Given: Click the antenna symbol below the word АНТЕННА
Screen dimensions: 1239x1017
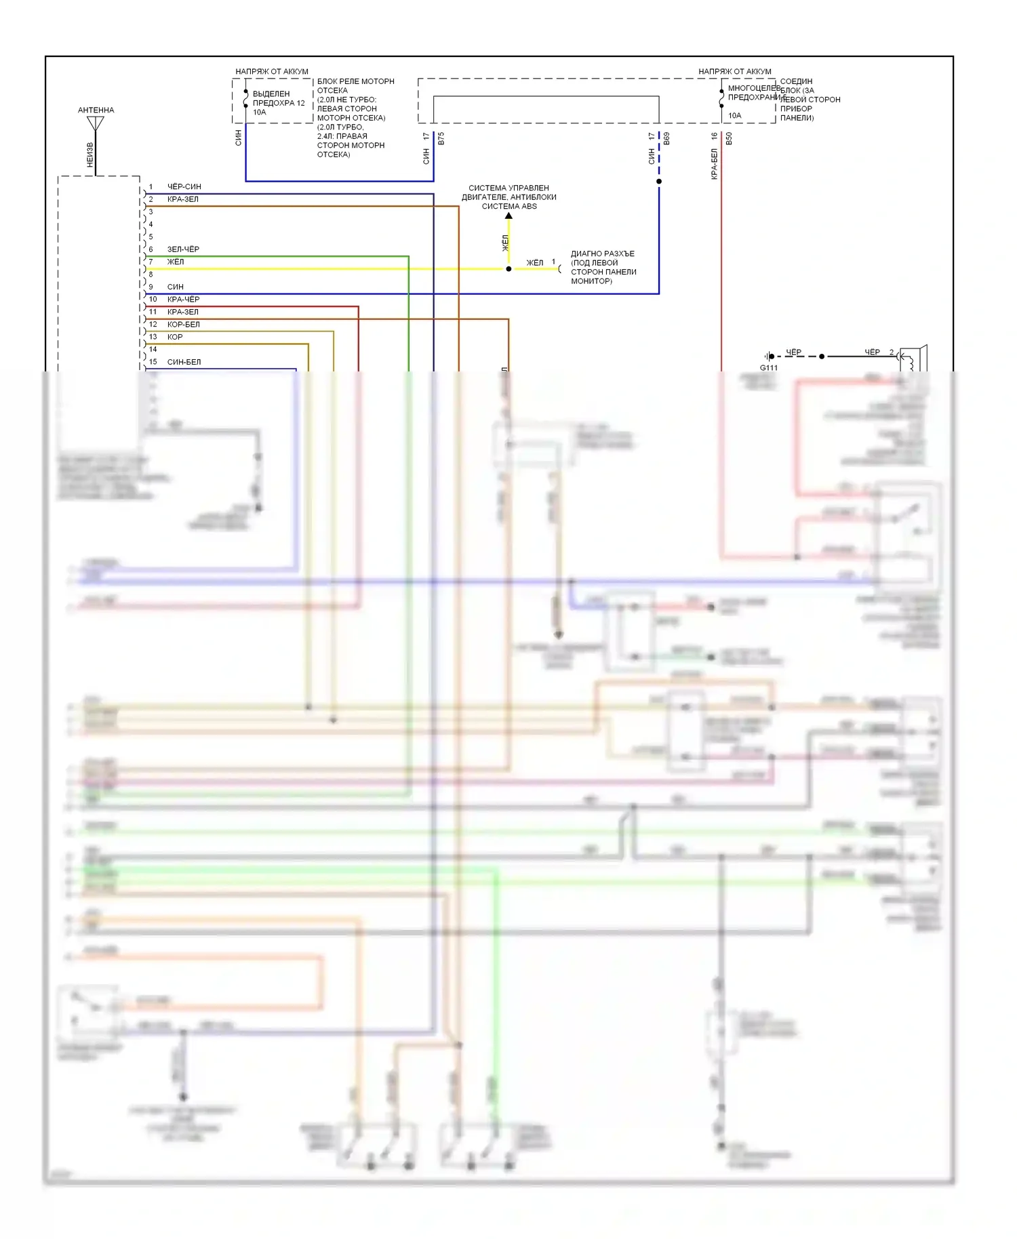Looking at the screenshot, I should pyautogui.click(x=96, y=124).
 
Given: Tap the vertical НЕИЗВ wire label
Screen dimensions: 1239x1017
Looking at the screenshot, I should pyautogui.click(x=90, y=155).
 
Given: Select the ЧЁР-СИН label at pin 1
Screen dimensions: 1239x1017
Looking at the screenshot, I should pyautogui.click(x=184, y=186).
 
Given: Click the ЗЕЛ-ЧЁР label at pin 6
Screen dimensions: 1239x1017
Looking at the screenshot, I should pyautogui.click(x=183, y=249).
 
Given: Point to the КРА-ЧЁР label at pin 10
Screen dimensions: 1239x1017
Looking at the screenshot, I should pyautogui.click(x=183, y=299).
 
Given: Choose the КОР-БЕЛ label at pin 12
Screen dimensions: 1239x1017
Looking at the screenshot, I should pyautogui.click(x=183, y=324).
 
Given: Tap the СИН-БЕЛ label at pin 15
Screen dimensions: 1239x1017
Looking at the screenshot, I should pyautogui.click(x=184, y=362).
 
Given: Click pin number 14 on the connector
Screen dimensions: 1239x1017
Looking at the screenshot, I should pyautogui.click(x=153, y=349).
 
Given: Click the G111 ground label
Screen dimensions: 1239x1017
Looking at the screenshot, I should pyautogui.click(x=769, y=367).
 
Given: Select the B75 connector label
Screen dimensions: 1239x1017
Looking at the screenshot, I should pyautogui.click(x=441, y=139).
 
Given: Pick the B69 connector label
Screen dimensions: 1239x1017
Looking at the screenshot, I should pyautogui.click(x=667, y=139).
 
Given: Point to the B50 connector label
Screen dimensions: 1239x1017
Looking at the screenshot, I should pyautogui.click(x=730, y=139).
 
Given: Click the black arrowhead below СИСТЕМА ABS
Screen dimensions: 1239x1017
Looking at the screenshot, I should pyautogui.click(x=509, y=216).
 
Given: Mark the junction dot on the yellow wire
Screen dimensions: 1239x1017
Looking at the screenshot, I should pyautogui.click(x=509, y=269).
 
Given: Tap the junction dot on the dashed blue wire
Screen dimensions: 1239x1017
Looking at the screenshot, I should pyautogui.click(x=659, y=182).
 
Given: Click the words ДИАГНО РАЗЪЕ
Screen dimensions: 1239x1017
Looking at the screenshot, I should pyautogui.click(x=603, y=253).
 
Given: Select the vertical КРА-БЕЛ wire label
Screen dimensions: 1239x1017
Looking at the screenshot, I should pyautogui.click(x=715, y=164).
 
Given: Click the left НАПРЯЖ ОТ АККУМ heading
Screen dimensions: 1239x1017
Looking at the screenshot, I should pyautogui.click(x=272, y=71).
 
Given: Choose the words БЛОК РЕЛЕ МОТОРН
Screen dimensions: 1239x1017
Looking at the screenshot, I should pyautogui.click(x=356, y=81).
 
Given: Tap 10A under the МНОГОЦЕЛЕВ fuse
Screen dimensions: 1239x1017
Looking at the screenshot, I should pyautogui.click(x=735, y=115).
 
